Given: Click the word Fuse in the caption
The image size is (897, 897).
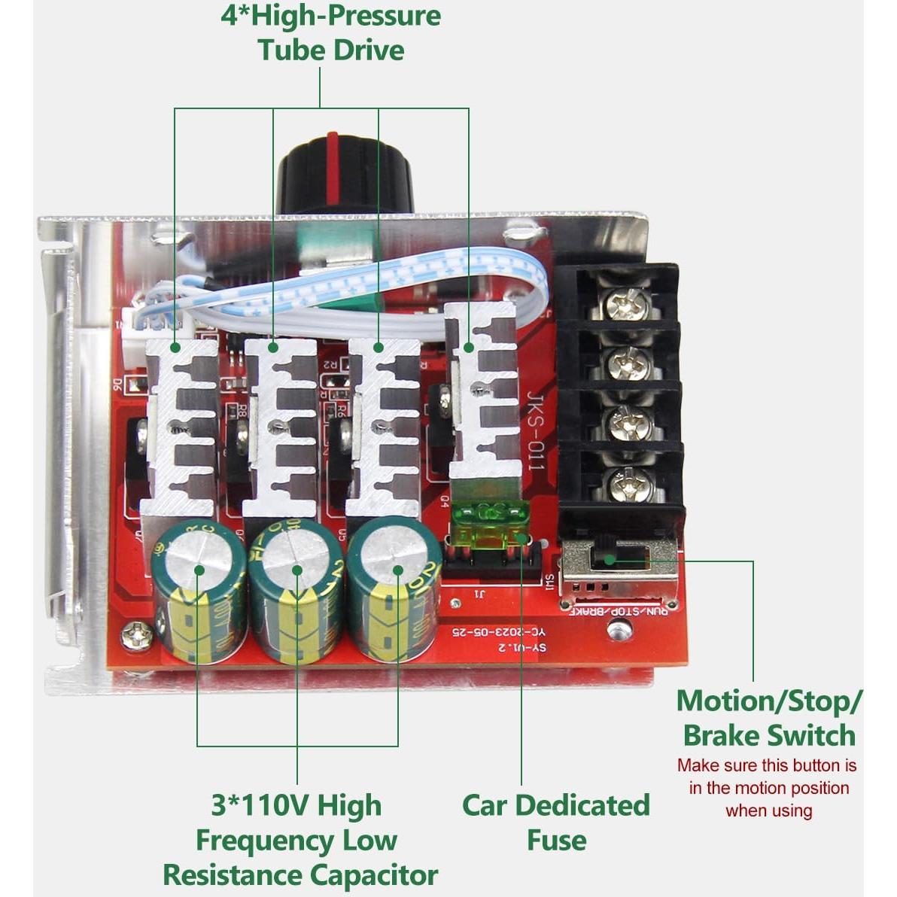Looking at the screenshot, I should [556, 840].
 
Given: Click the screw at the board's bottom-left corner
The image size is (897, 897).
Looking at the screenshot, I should [136, 636].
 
